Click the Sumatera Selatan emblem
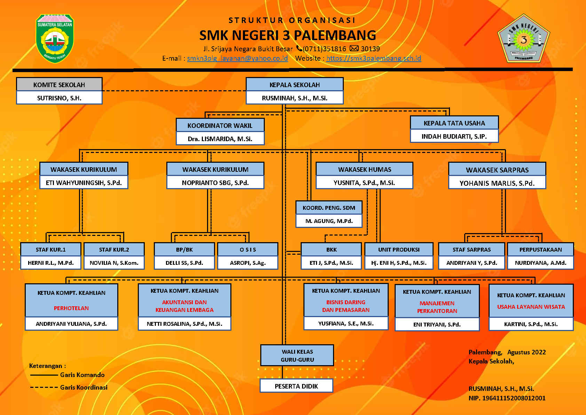[x=55, y=38]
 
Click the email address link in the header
[x=237, y=58]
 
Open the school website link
[x=373, y=58]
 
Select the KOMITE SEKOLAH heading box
[x=59, y=85]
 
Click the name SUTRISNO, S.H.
[x=59, y=98]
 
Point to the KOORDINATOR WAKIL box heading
[x=220, y=125]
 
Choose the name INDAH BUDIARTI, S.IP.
[x=454, y=136]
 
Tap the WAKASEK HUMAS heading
[x=364, y=169]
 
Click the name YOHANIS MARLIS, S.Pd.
[x=497, y=183]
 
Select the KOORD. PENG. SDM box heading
[x=329, y=208]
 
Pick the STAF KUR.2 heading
[x=114, y=249]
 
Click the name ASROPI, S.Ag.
[x=248, y=263]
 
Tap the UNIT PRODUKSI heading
[x=399, y=249]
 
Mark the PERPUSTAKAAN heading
[x=540, y=249]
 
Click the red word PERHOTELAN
[x=71, y=308]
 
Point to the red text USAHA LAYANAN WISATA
[x=531, y=307]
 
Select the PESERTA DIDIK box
[x=296, y=386]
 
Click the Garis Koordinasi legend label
[x=84, y=387]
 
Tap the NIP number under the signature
[x=507, y=398]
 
